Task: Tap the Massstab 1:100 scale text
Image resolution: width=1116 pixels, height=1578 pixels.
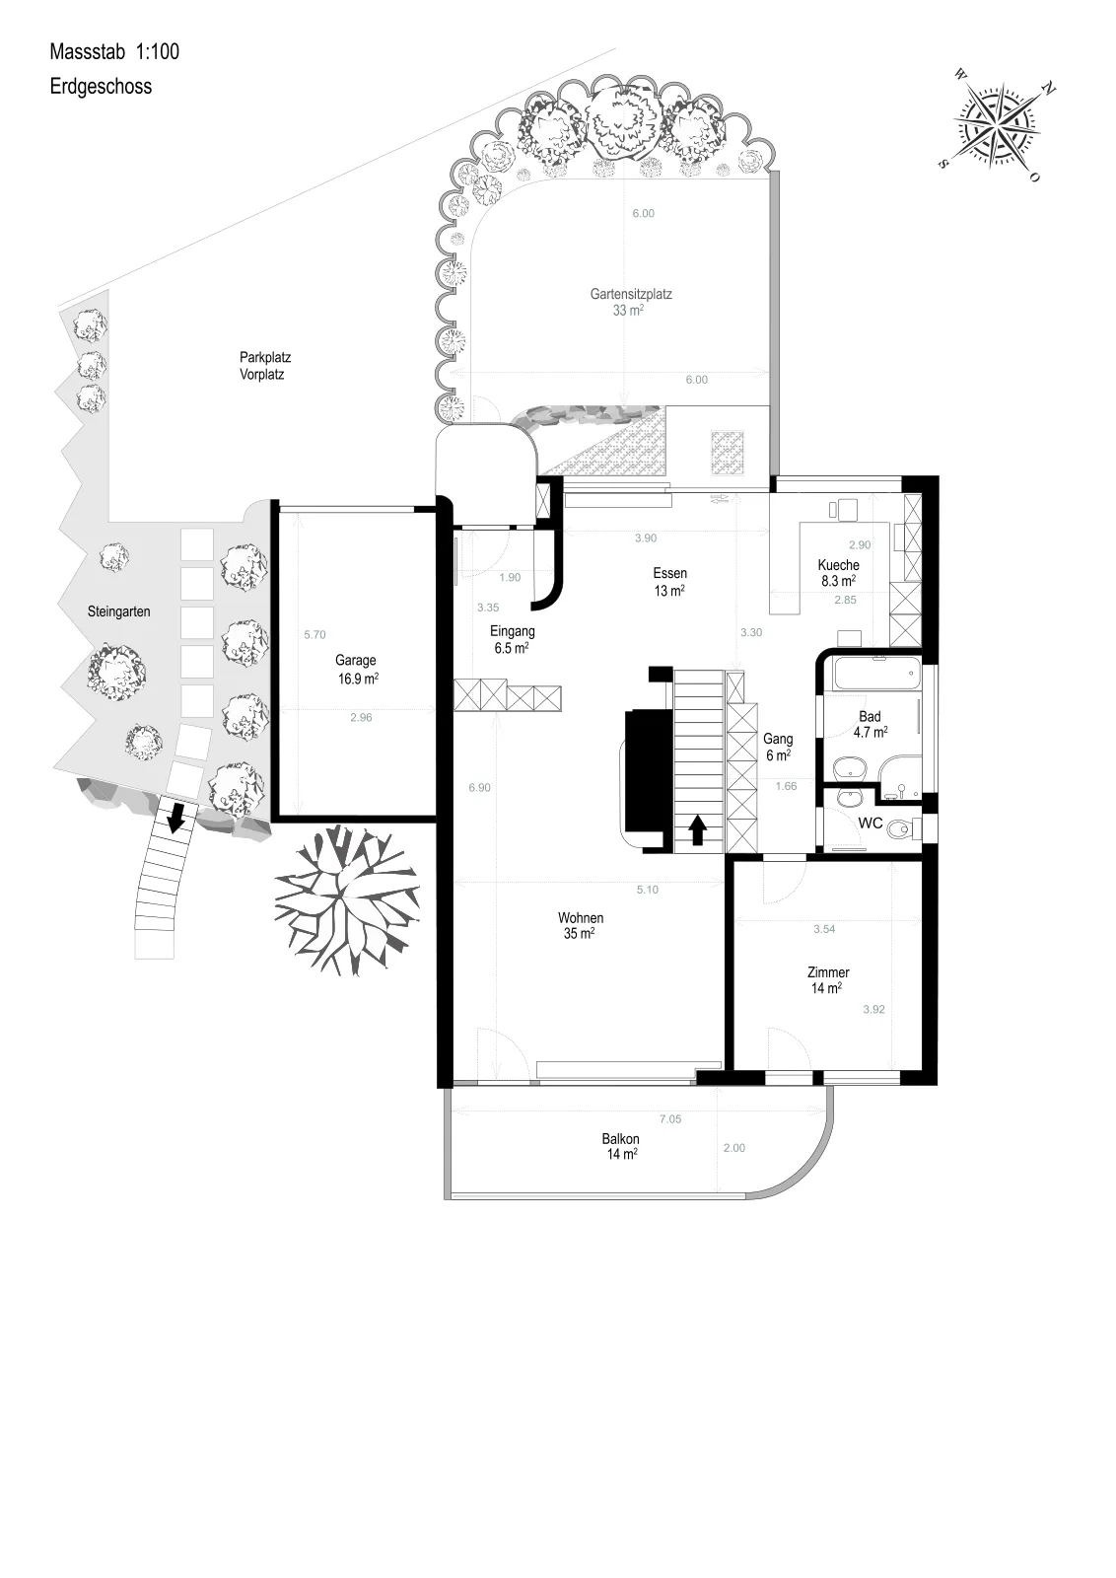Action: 114,51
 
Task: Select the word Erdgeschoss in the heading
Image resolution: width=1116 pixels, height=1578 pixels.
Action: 101,87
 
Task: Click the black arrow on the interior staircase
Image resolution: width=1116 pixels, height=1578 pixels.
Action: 698,829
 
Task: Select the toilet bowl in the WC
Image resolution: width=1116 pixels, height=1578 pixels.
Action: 904,828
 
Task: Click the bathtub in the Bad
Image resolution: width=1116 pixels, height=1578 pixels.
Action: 875,675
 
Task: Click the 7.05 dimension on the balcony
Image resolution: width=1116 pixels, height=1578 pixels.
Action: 670,1118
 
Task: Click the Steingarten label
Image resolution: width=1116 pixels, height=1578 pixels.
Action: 119,611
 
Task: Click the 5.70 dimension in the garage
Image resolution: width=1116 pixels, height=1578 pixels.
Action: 314,635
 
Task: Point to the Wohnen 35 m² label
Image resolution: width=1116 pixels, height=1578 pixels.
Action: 581,926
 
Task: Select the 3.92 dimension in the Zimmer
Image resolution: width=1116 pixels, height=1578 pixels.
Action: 873,1010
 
